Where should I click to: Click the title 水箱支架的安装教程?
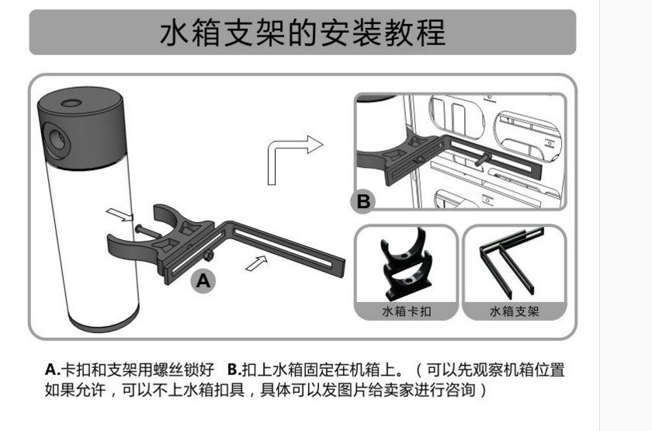pos(303,33)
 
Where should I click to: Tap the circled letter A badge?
pos(203,281)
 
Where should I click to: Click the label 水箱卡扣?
pos(406,311)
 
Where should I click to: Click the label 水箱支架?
pos(514,311)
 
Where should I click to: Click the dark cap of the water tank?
pos(81,128)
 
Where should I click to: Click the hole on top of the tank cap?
pos(75,102)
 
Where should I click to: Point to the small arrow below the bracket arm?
pos(254,263)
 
